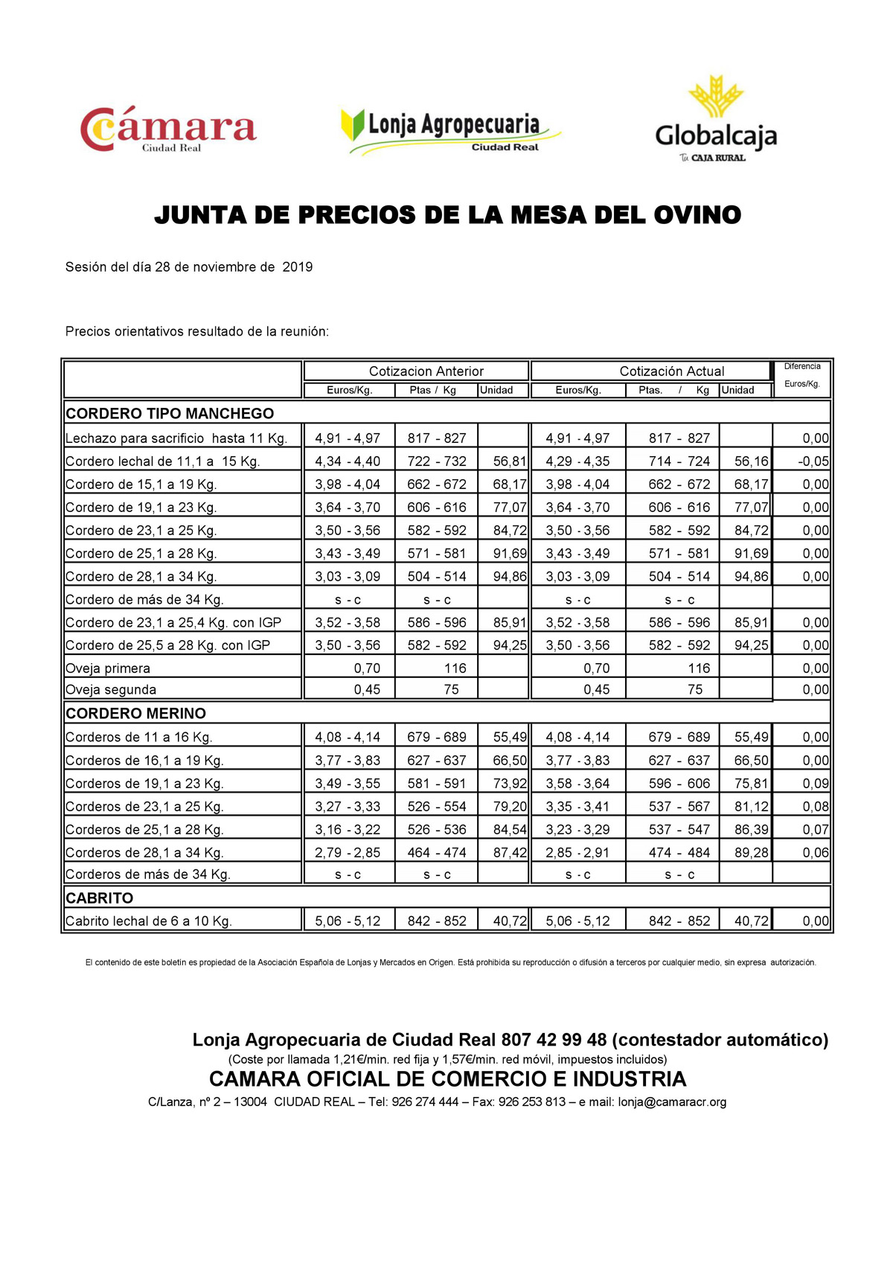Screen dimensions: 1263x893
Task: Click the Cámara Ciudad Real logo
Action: coord(168,129)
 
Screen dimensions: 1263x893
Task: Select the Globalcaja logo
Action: coord(715,119)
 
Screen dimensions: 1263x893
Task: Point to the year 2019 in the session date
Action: coord(298,267)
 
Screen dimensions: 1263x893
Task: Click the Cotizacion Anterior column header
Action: coord(426,371)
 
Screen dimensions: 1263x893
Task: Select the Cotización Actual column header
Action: coord(671,371)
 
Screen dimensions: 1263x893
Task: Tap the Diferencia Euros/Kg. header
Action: coord(802,376)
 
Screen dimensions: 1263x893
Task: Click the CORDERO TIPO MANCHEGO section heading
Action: coord(170,414)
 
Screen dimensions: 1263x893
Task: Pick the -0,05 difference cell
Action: coord(813,461)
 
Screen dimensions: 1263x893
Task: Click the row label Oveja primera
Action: coord(108,668)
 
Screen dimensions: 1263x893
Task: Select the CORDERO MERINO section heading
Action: coord(135,714)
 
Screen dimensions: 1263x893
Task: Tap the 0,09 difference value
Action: coord(816,784)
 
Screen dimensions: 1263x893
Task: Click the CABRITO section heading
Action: coord(100,898)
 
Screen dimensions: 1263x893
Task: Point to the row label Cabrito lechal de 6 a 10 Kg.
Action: coord(149,921)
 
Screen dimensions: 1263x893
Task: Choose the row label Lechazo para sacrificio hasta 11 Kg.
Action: coord(176,438)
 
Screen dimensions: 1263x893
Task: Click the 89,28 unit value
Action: coord(751,853)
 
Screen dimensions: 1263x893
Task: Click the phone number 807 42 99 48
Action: coord(554,1040)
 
